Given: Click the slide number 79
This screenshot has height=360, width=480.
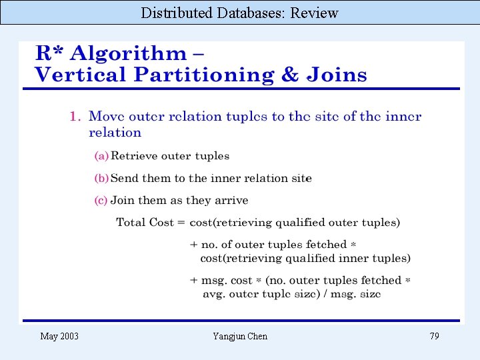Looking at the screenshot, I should coord(434,336).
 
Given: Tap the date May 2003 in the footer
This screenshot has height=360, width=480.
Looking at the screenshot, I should coord(59,336).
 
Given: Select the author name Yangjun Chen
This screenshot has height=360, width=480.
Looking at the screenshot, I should coord(240,336).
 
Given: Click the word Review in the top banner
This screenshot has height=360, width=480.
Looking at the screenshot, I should coord(314,13).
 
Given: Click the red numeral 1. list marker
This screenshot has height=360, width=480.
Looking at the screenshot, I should coord(75,117).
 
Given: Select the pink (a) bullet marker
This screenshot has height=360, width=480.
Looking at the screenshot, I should coord(101,156).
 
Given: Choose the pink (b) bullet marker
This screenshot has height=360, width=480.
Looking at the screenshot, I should coord(101,179).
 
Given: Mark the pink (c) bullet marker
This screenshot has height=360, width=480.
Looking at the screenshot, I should coord(101,201).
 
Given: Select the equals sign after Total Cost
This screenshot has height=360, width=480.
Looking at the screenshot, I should coord(181,223).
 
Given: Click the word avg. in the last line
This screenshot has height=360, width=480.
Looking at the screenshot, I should coord(213,294).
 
